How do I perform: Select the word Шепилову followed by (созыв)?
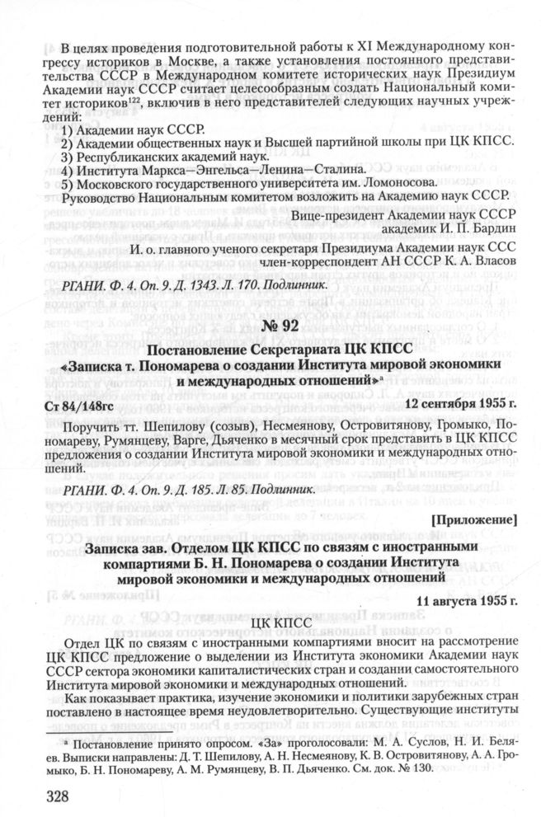pos(177,427)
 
